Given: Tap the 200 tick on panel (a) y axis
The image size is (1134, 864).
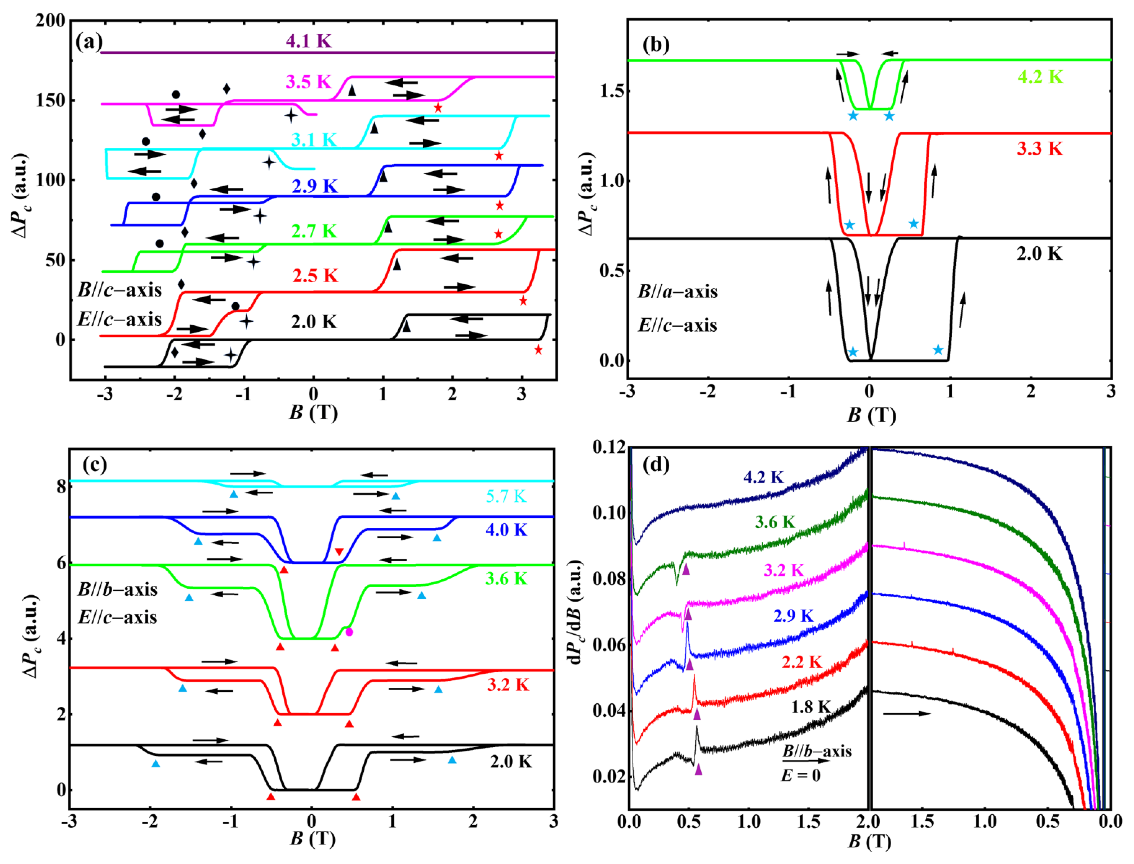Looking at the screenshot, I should [x=50, y=21].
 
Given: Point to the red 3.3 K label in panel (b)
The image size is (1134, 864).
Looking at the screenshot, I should [x=1039, y=149].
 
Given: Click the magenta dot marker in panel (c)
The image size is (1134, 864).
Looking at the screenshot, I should [x=349, y=632].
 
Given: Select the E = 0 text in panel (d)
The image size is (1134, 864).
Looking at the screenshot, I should [x=801, y=775].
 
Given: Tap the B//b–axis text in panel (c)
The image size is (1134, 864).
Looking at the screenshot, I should [x=118, y=589].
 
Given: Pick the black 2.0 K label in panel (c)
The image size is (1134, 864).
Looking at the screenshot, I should [x=511, y=762].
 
